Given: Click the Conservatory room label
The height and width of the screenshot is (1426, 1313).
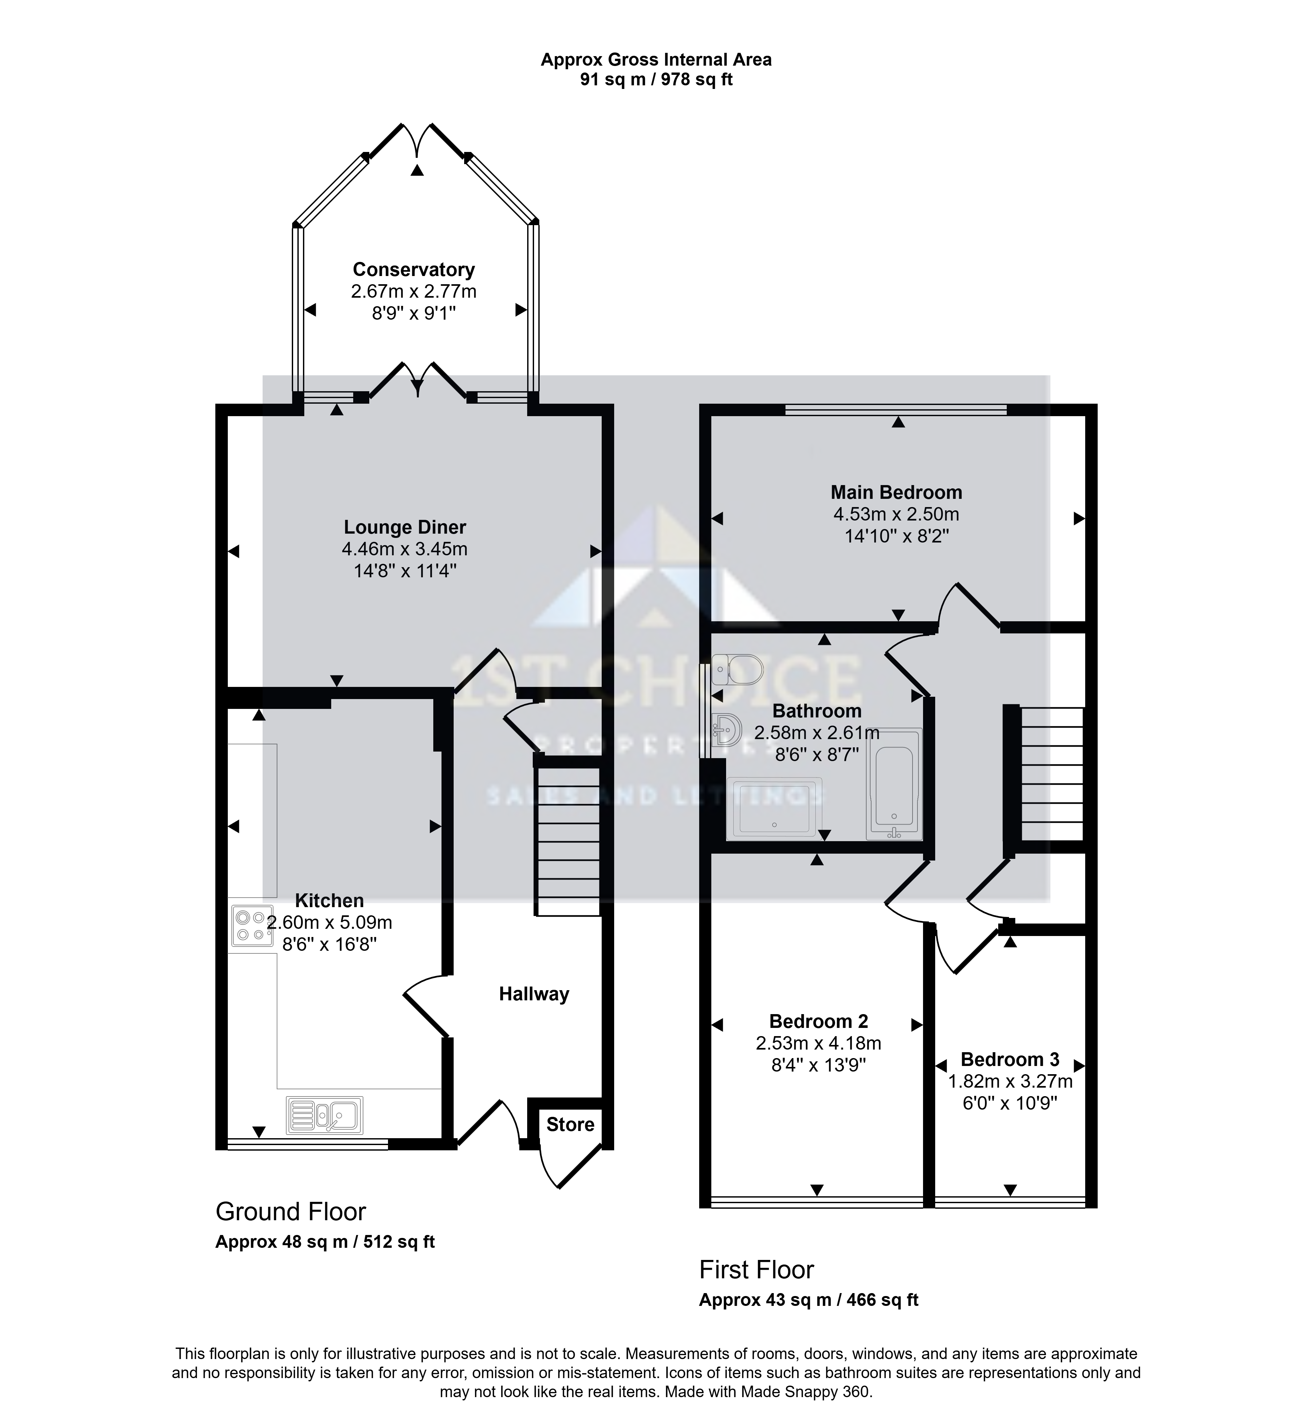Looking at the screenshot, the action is (414, 270).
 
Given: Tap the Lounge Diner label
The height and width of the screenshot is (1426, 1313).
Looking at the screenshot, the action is (405, 527).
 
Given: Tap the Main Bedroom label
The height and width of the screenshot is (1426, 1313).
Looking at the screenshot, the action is (897, 492).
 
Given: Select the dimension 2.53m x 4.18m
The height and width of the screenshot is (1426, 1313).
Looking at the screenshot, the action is (819, 1043).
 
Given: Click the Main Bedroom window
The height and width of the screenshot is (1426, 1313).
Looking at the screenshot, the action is (897, 409).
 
